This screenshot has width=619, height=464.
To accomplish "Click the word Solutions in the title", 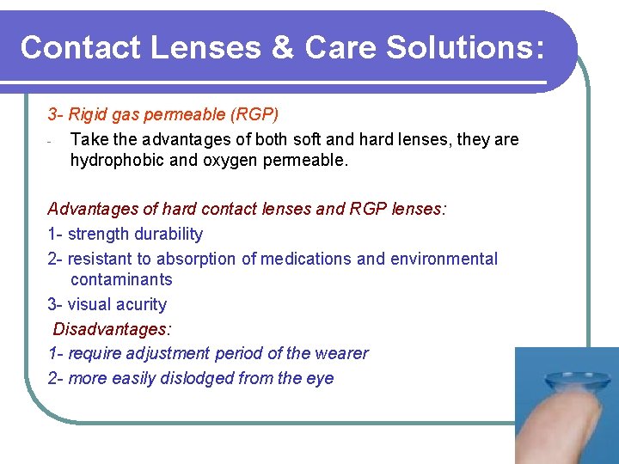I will coord(464,47).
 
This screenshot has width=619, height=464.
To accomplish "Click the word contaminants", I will coord(121,279).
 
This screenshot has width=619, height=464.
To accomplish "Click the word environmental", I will coord(445,259).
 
